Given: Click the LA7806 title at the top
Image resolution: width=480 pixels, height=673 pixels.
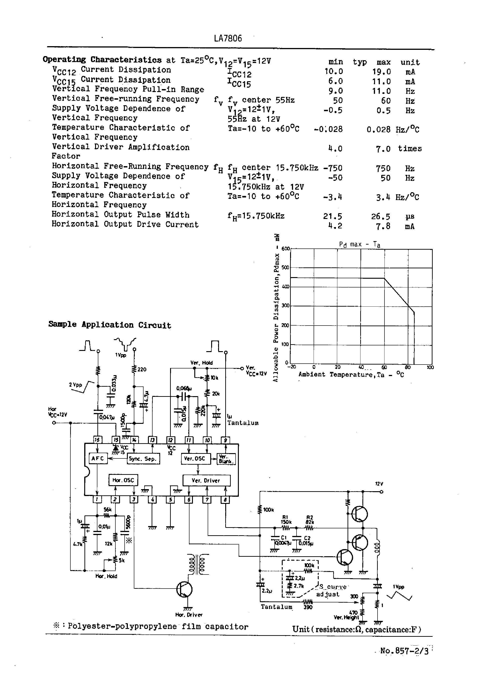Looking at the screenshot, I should click(x=228, y=38).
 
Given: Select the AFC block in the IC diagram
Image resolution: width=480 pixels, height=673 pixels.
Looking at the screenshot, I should click(x=98, y=458).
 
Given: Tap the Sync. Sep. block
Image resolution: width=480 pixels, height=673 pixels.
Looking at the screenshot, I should click(x=143, y=459).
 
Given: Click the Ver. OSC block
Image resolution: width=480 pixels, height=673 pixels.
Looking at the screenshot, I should click(x=195, y=458).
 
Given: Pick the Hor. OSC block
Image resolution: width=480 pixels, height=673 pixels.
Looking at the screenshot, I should click(x=123, y=480).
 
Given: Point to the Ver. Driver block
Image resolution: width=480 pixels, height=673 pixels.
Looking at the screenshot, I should click(x=206, y=480).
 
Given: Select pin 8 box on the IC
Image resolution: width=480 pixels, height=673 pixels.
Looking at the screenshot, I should click(x=225, y=500).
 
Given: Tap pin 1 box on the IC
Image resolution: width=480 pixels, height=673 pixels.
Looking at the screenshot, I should click(x=97, y=500).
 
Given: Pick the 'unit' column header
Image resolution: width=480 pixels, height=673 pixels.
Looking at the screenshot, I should click(x=410, y=62).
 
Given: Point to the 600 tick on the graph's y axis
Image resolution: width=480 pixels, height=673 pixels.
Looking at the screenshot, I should click(x=285, y=249).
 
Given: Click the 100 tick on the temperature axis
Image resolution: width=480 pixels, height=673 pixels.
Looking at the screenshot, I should click(x=430, y=368).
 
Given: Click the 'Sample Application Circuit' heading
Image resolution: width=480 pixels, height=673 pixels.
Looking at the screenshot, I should click(x=110, y=325).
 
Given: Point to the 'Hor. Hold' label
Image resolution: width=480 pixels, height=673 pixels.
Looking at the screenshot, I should click(x=106, y=576).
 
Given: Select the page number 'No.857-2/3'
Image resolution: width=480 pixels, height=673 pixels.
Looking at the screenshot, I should click(x=404, y=651).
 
